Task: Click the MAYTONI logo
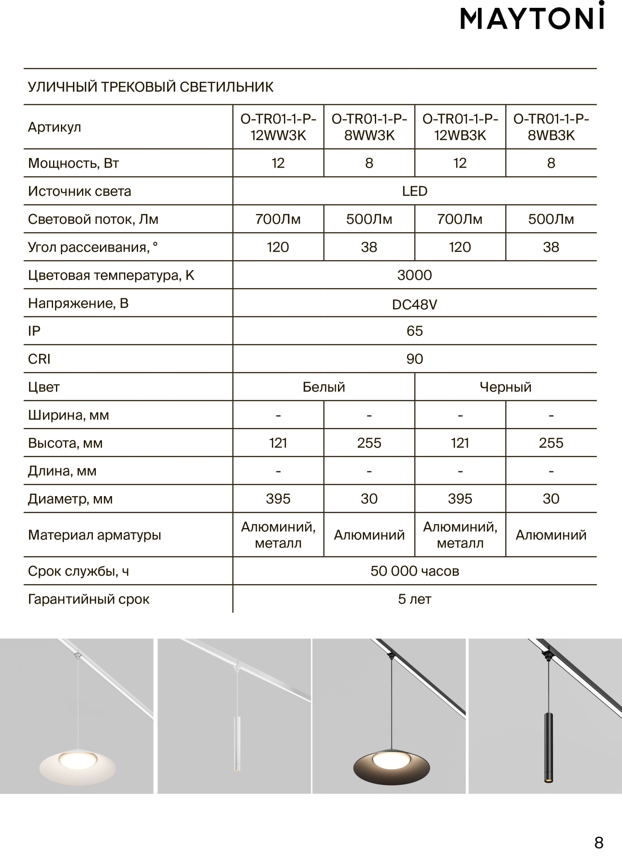[x=532, y=19]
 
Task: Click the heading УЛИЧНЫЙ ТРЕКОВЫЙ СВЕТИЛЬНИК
[x=151, y=87]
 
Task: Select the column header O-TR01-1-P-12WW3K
[x=278, y=127]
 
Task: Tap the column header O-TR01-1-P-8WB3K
[x=551, y=127]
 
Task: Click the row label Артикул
[x=54, y=127]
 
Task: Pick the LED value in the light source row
[x=415, y=191]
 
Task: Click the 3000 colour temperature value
[x=415, y=275]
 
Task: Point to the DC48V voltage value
[x=415, y=305]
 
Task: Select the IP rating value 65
[x=415, y=331]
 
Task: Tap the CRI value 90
[x=415, y=359]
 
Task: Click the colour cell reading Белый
[x=324, y=387]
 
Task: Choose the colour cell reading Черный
[x=505, y=387]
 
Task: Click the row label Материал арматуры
[x=95, y=535]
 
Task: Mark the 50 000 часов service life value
[x=415, y=571]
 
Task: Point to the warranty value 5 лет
[x=415, y=599]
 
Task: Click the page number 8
[x=599, y=843]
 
